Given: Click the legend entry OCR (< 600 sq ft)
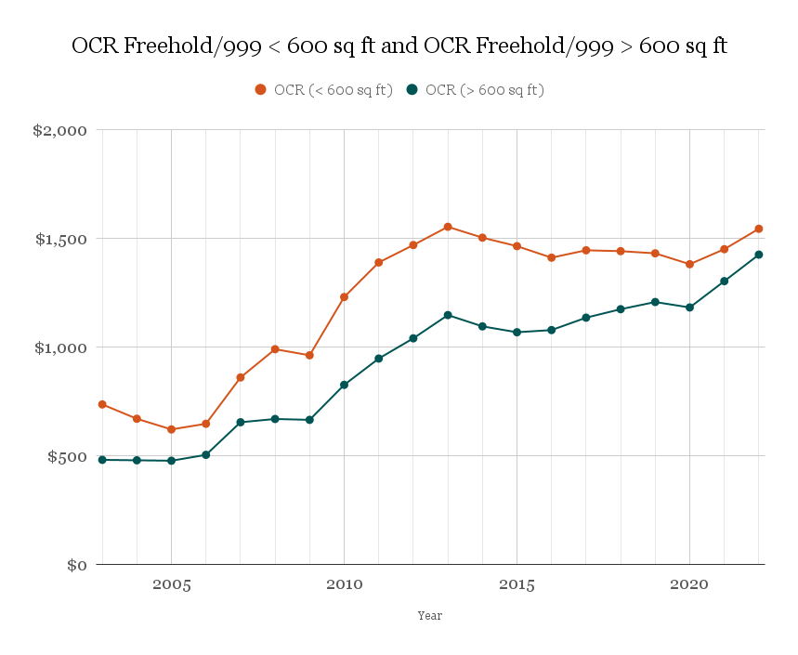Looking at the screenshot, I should [324, 90].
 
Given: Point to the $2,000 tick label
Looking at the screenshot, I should [60, 131].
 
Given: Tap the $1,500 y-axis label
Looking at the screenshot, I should [61, 240].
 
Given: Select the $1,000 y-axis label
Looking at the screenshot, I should [61, 348].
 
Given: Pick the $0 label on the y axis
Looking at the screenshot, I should [78, 565].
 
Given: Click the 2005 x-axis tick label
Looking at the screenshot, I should [172, 585].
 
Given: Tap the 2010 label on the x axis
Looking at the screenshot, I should [344, 585].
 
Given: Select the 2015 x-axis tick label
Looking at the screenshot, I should [517, 585].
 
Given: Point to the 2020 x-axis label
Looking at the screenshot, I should [689, 585].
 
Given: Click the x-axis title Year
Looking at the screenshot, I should [429, 615].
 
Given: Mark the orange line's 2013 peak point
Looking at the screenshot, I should [448, 227].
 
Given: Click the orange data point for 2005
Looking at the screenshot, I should [172, 429].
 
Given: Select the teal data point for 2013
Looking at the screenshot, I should [448, 315].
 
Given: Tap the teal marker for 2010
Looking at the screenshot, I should [344, 385].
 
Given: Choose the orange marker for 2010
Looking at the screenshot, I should [344, 297].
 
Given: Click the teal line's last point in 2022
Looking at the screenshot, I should [759, 255].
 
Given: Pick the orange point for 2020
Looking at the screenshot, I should [689, 264].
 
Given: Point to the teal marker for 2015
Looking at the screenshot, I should [517, 333].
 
